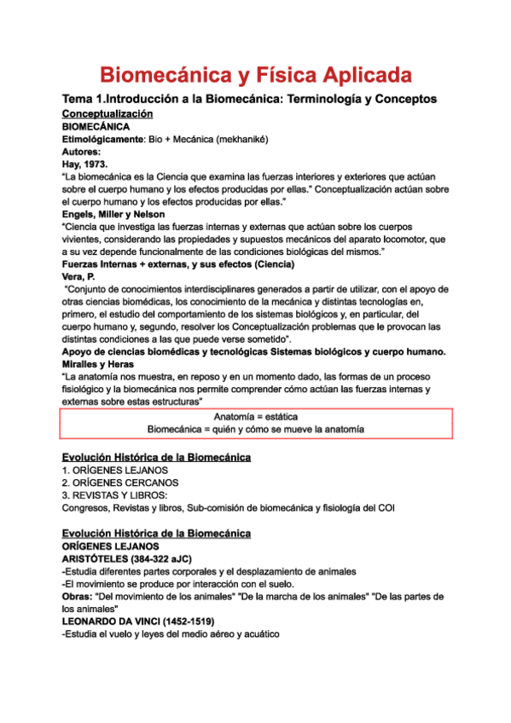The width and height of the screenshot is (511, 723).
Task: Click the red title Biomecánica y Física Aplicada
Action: pos(255,74)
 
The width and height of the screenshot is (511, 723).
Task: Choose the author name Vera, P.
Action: pos(78,277)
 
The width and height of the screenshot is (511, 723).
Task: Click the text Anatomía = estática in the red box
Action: pos(255,416)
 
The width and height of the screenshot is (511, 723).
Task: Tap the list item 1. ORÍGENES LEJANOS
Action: pos(114,470)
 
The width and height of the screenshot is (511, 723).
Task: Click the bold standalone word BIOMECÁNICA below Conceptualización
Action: pos(96,126)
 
